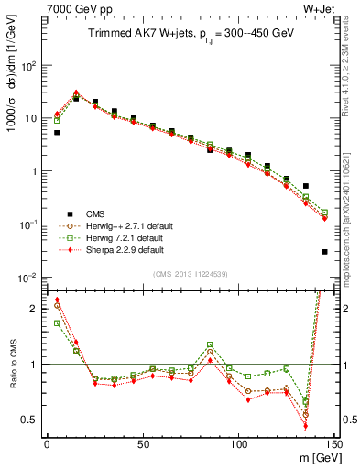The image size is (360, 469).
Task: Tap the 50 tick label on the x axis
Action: point(143,444)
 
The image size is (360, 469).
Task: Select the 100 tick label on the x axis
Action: point(238,444)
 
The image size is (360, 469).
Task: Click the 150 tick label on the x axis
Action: point(333,444)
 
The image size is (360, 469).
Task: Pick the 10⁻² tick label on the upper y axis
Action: point(27,277)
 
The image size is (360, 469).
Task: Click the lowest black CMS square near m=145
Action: point(324,251)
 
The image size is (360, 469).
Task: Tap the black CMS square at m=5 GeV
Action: point(57,133)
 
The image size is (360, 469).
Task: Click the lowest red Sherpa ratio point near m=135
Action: point(305,426)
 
